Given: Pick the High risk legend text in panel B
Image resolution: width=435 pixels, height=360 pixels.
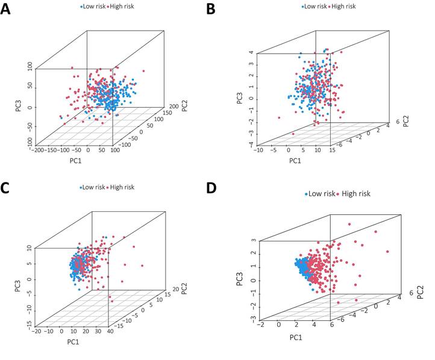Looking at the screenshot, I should pyautogui.click(x=343, y=6).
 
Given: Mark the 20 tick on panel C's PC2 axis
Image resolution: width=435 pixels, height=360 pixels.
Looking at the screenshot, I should pyautogui.click(x=174, y=291).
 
